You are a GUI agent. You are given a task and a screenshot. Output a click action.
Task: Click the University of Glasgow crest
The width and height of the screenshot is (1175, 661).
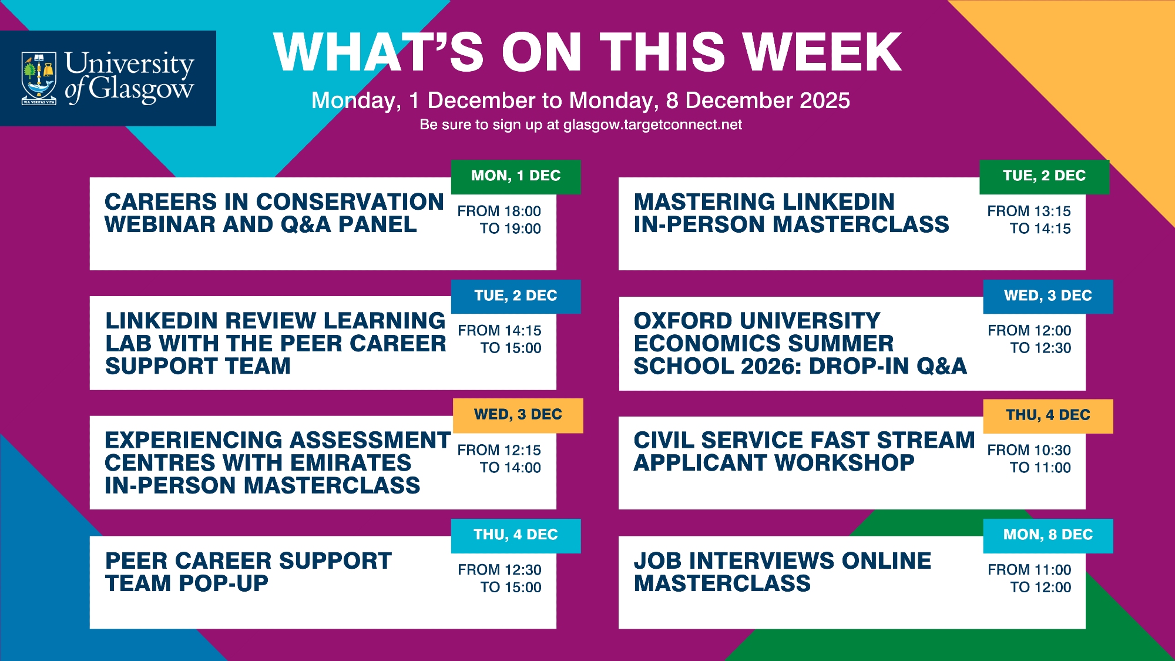click(39, 78)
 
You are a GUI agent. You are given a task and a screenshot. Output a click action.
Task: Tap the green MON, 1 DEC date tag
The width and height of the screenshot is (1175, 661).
click(516, 176)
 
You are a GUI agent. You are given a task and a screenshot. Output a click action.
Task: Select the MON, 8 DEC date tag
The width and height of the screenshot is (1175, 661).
click(1048, 535)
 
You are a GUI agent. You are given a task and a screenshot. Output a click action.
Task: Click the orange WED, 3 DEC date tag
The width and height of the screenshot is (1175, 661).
click(518, 415)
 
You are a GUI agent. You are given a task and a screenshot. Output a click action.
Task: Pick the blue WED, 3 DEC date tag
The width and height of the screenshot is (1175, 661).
click(1048, 296)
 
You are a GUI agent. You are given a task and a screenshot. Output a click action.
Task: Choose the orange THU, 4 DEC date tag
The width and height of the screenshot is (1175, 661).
click(1048, 416)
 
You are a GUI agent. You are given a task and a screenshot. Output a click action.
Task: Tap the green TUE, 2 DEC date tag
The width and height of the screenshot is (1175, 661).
click(1045, 176)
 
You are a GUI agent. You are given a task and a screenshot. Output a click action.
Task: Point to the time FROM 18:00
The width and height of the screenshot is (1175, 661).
click(499, 211)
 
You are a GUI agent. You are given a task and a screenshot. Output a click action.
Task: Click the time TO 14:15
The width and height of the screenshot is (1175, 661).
click(1040, 229)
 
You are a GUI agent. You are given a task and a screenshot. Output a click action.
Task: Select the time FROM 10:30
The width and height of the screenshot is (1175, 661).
click(1029, 450)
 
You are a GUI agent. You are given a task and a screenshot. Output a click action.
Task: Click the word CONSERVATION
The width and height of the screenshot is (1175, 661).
click(350, 202)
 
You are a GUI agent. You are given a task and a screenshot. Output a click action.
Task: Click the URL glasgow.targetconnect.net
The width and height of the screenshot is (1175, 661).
click(653, 125)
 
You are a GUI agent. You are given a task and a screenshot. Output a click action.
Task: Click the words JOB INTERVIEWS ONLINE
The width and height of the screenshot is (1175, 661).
click(783, 561)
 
